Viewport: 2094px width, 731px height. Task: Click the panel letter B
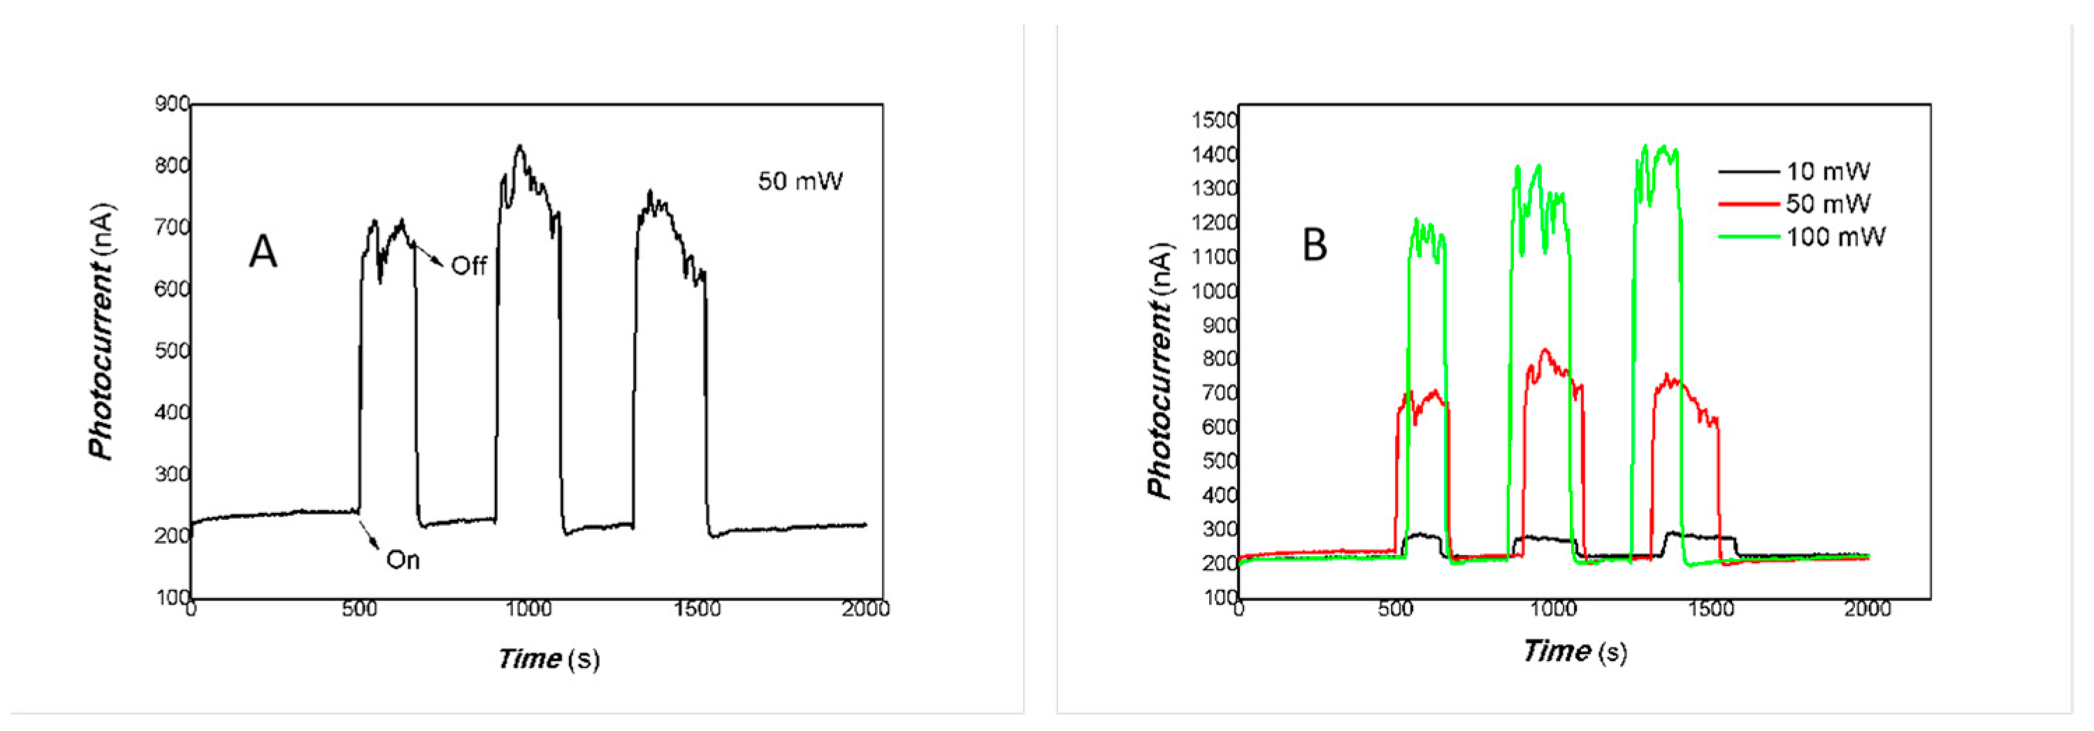(1315, 245)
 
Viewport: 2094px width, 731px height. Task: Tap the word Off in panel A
(468, 266)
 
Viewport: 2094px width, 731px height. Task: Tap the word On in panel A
(403, 560)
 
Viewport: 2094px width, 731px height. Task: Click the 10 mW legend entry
(1828, 171)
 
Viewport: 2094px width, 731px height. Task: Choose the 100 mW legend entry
(1835, 237)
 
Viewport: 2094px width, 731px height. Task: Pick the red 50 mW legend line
(1749, 204)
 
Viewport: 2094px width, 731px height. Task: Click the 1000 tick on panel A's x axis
(528, 609)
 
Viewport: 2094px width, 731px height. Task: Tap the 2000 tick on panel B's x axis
(1868, 609)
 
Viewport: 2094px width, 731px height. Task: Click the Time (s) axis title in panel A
(549, 658)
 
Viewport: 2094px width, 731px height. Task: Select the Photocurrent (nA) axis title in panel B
(1160, 370)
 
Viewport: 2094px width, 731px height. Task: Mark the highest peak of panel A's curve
(519, 147)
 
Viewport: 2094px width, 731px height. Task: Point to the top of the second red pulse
(1545, 350)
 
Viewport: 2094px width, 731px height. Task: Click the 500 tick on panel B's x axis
(1395, 609)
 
